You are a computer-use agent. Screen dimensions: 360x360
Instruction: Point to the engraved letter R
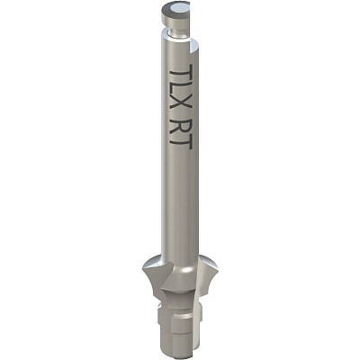[x=181, y=124]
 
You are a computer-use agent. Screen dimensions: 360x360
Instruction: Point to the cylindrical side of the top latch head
[x=175, y=21]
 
